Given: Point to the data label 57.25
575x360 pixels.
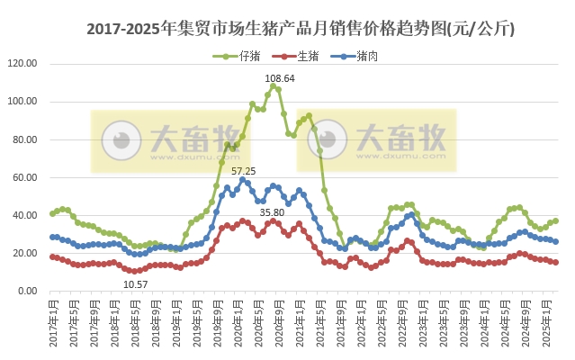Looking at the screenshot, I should (x=244, y=170).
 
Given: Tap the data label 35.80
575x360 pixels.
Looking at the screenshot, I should (x=273, y=211).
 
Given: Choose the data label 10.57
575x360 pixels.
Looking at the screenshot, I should (x=135, y=284).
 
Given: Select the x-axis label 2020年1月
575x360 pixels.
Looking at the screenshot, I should (x=238, y=325).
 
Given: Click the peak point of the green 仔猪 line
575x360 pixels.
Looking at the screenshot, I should (x=274, y=86).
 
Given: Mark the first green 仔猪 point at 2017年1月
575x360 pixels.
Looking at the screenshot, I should (x=53, y=213).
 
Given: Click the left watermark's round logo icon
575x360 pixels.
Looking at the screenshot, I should (x=120, y=140).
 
